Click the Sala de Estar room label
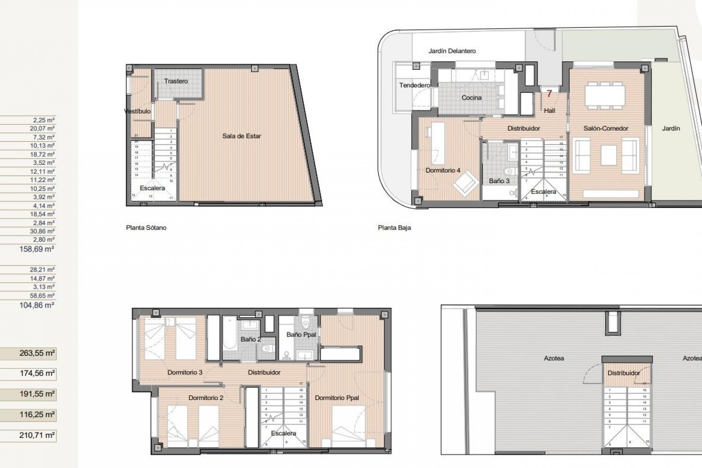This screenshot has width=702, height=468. (x=241, y=136)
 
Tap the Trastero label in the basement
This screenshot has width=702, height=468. (x=176, y=81)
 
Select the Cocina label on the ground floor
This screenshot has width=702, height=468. (x=471, y=98)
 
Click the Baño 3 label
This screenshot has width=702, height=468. (x=499, y=181)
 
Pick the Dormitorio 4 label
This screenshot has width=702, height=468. (x=443, y=170)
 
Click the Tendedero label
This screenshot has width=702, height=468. (x=414, y=85)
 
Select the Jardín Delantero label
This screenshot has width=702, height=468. (x=452, y=51)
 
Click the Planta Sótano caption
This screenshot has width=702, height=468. (x=146, y=227)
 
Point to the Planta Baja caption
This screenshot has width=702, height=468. (x=394, y=227)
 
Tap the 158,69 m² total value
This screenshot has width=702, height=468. (x=37, y=249)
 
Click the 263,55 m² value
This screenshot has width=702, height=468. (x=37, y=353)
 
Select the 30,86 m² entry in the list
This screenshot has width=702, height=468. (x=42, y=231)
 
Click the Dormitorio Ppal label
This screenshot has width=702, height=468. (x=337, y=398)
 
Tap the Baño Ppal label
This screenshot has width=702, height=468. (x=301, y=335)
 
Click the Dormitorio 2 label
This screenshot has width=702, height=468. (x=206, y=398)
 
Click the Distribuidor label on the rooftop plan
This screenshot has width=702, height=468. (x=623, y=373)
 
